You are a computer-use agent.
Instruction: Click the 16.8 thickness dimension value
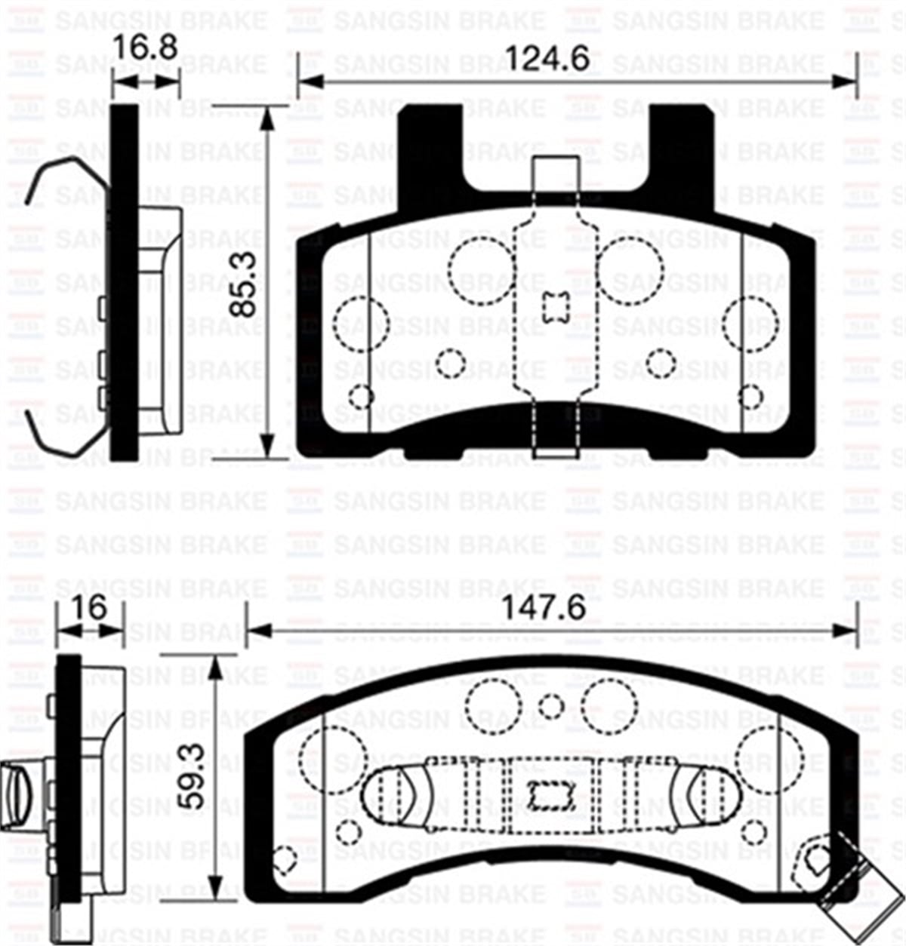pyautogui.click(x=144, y=49)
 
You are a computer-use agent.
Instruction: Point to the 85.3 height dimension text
pyautogui.click(x=244, y=284)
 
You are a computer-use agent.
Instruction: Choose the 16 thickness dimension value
pyautogui.click(x=91, y=608)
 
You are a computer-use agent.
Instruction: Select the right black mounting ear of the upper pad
pyautogui.click(x=681, y=143)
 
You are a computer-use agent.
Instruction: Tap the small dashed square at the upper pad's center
pyautogui.click(x=555, y=307)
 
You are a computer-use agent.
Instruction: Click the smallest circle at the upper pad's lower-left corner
pyautogui.click(x=362, y=396)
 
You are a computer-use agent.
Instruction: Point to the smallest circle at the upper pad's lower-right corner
pyautogui.click(x=750, y=396)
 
